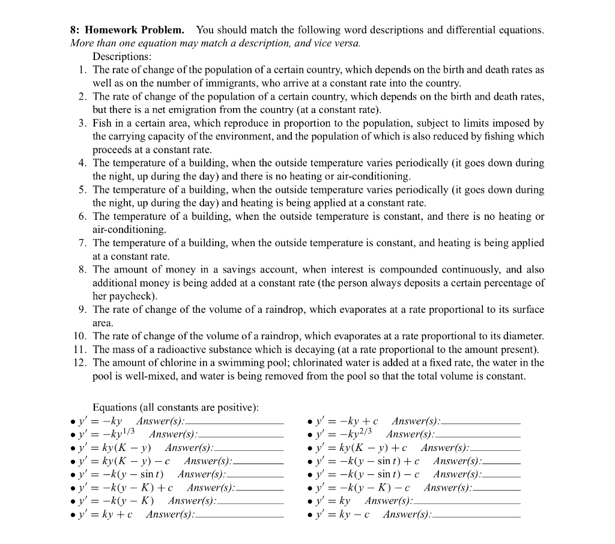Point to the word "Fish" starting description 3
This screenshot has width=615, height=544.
(103, 123)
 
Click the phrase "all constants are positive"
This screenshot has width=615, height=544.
(209, 408)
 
